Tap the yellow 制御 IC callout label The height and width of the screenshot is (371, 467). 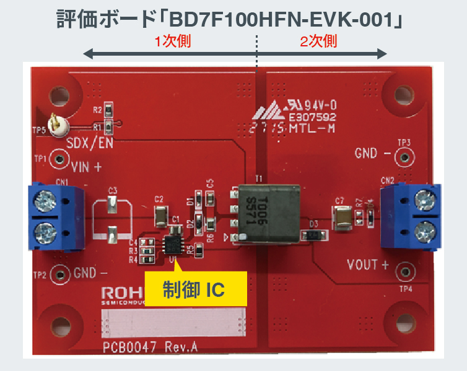196,288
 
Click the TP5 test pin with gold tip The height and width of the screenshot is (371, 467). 59,126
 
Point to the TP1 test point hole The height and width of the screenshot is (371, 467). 59,160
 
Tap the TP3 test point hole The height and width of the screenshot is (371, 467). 405,153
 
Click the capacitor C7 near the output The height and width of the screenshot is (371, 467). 342,217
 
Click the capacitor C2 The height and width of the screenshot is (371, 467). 160,215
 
